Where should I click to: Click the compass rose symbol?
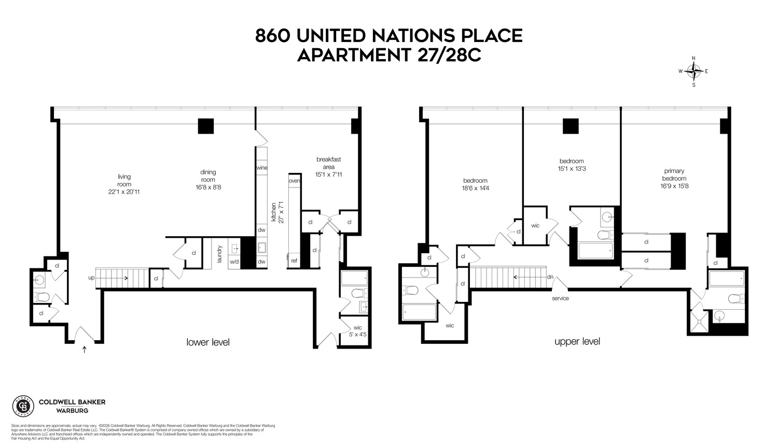[x=694, y=71]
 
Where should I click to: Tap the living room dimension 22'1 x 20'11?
[x=124, y=192]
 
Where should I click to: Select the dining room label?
[x=208, y=176]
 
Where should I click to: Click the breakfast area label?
[x=329, y=163]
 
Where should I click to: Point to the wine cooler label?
[x=261, y=168]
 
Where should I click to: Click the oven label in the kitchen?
[x=295, y=181]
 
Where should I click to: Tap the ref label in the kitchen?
[x=294, y=261]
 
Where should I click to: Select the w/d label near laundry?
[x=234, y=262]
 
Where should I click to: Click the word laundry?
[x=220, y=254]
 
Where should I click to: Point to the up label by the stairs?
[x=91, y=278]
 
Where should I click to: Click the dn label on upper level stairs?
[x=550, y=277]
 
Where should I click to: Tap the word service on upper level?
[x=560, y=298]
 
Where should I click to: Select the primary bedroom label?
[x=674, y=175]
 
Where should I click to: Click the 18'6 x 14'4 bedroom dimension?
[x=476, y=189]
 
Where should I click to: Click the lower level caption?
[x=208, y=342]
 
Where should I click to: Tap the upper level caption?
[x=577, y=341]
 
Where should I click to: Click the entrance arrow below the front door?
[x=85, y=350]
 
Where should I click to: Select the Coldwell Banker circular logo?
[x=23, y=406]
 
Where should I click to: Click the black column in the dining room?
[x=206, y=126]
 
